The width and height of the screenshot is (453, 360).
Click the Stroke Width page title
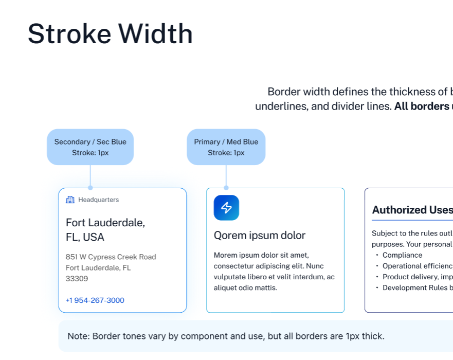(110, 34)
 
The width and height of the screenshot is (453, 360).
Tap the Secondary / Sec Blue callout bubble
(90, 147)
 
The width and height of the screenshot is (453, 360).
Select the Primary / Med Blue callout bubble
(226, 147)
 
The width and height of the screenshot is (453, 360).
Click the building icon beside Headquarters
(70, 200)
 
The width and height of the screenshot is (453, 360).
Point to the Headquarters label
(98, 200)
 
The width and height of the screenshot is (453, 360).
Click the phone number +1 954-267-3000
(95, 300)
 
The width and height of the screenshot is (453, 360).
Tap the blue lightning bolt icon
(226, 208)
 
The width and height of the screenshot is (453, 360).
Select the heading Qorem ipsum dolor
(260, 236)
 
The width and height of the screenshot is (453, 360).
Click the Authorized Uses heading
(412, 210)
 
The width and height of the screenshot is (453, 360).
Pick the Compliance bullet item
(402, 255)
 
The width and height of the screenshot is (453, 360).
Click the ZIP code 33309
(77, 279)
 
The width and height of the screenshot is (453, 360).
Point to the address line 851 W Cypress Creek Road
(111, 257)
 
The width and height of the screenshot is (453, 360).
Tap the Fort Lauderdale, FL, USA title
(105, 230)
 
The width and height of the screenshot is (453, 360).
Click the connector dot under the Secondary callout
(90, 188)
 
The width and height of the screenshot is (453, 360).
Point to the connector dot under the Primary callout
(226, 188)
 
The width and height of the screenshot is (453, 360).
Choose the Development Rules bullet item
(417, 288)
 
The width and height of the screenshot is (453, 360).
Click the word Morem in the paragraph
(225, 255)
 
